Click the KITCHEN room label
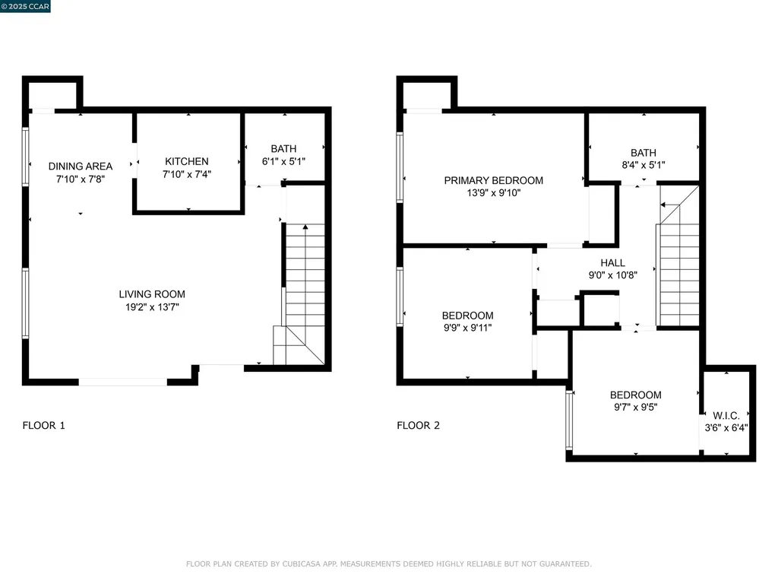click(x=187, y=161)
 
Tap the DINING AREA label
click(x=81, y=167)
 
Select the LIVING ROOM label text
click(x=152, y=294)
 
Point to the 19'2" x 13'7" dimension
click(x=152, y=307)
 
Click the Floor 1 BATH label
click(x=284, y=148)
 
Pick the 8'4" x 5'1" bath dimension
click(x=644, y=165)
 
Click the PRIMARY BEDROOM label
click(x=494, y=180)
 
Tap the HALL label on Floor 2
click(x=613, y=262)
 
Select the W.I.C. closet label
click(x=726, y=416)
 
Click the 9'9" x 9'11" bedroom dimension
click(x=468, y=328)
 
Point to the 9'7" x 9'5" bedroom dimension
click(x=636, y=408)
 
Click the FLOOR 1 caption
click(x=43, y=425)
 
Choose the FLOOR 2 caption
click(x=419, y=425)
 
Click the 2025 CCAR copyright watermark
click(x=25, y=6)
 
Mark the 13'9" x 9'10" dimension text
click(x=494, y=192)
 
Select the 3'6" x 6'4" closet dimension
click(x=726, y=427)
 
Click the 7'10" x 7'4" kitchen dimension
click(x=187, y=174)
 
